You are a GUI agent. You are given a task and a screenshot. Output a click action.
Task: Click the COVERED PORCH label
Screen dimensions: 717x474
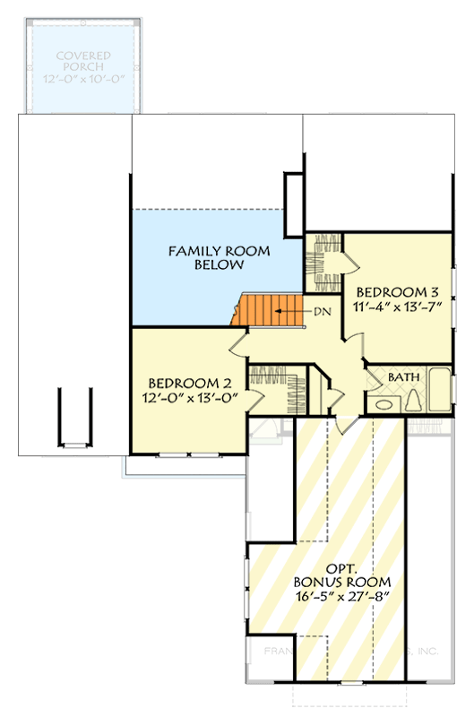[82, 60]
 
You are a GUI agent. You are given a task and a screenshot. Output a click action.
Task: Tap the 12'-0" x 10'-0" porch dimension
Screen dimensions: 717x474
[82, 79]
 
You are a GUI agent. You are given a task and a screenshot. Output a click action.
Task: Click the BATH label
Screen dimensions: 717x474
[402, 377]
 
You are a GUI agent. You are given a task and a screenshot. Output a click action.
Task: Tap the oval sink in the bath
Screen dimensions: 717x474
[382, 404]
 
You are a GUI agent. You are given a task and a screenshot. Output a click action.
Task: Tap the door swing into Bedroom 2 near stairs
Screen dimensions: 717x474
[238, 342]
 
